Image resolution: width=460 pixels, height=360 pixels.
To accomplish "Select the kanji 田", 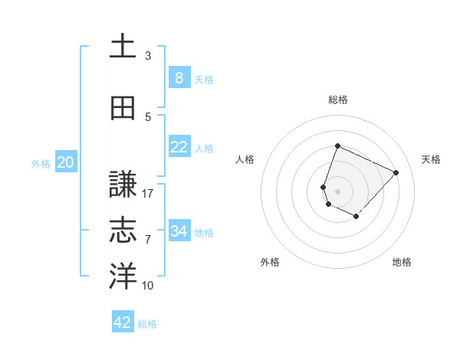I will [x=123, y=109].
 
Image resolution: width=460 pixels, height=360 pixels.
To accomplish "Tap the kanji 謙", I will [x=123, y=185].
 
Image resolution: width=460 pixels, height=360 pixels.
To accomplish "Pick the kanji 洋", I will [x=123, y=277].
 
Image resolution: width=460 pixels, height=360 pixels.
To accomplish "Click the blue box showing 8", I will [x=179, y=78].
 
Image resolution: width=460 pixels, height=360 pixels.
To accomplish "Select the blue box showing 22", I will [x=179, y=147].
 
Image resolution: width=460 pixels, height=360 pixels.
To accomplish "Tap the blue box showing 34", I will [x=179, y=231].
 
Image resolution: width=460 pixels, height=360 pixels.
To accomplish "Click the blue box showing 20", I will [x=66, y=162].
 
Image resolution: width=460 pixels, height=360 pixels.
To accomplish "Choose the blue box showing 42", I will [x=123, y=322].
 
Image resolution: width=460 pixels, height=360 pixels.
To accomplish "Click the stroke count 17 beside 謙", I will [x=148, y=194].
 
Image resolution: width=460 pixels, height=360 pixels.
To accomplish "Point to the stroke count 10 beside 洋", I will [x=148, y=286].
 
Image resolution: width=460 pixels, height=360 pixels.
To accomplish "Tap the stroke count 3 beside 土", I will [x=148, y=56].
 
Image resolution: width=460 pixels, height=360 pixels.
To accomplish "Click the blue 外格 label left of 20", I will [x=41, y=163].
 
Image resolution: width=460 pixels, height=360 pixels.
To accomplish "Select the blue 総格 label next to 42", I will [x=147, y=324].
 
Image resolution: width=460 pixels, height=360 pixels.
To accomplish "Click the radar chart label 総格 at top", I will [x=337, y=100].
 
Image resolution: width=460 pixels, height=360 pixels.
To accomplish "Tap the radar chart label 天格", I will [x=431, y=159].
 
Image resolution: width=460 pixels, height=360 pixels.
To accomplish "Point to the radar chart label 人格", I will [x=245, y=159].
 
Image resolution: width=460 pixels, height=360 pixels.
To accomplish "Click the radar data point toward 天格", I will [x=396, y=172].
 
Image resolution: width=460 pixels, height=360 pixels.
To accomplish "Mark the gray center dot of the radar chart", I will [x=337, y=191].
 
